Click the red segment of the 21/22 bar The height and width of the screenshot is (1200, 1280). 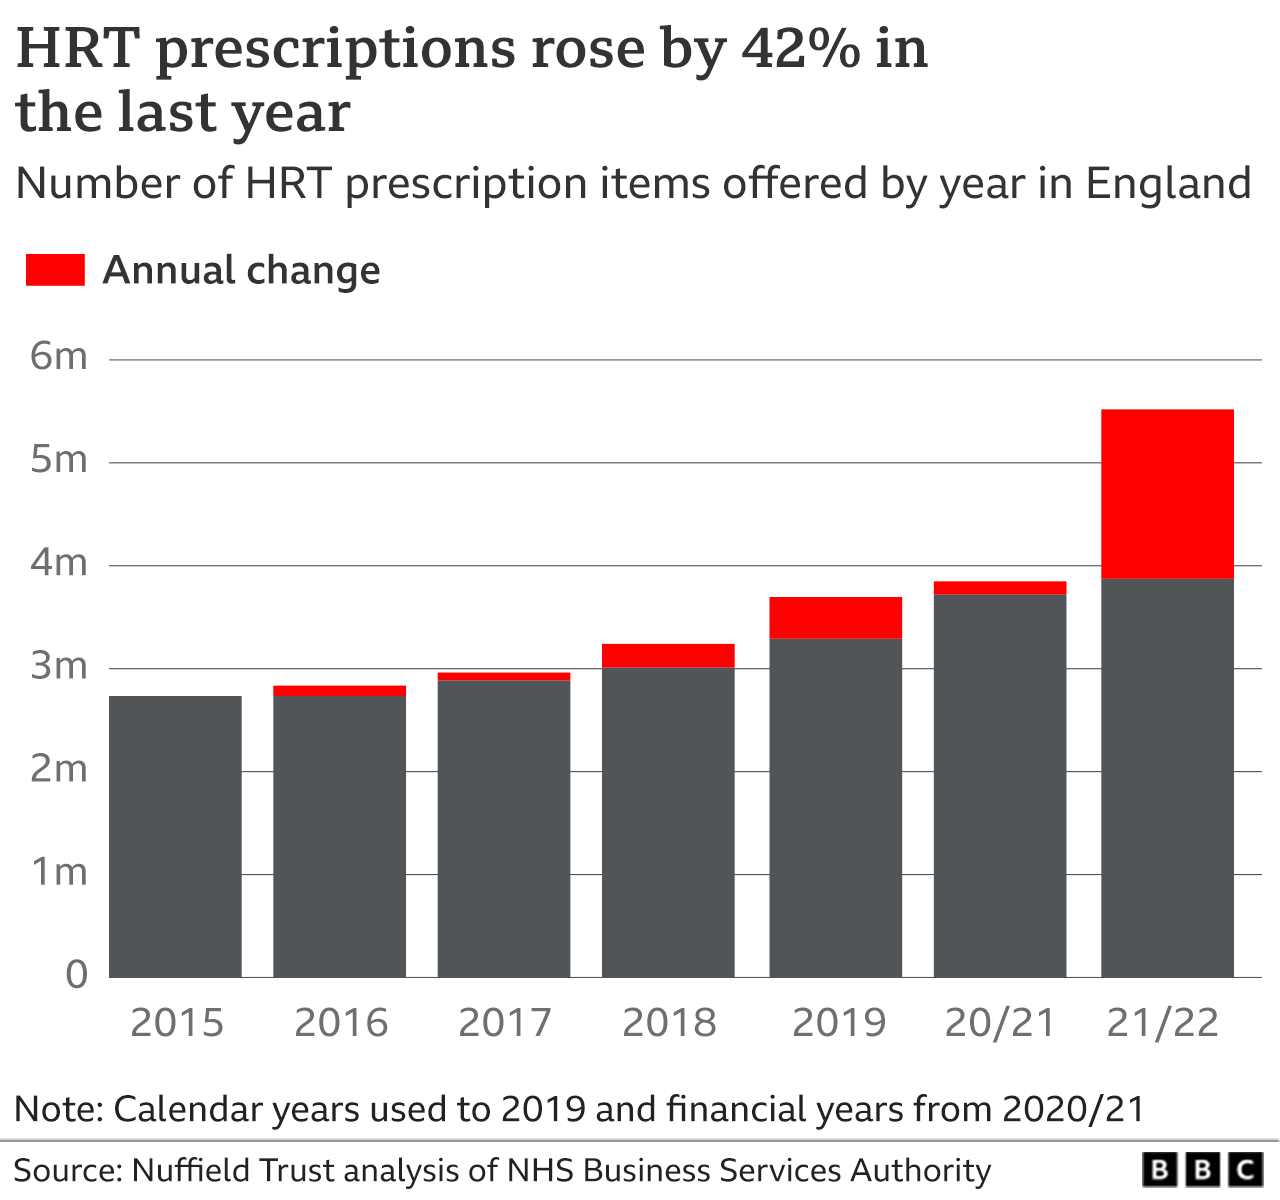pos(1167,494)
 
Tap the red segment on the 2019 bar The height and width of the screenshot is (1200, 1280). pos(835,617)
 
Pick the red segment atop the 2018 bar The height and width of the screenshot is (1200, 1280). pos(668,655)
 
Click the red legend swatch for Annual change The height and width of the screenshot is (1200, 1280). pos(55,270)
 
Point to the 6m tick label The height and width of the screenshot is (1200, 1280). pos(59,356)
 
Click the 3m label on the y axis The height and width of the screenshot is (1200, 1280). pos(59,666)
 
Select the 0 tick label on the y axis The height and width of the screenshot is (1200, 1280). pos(76,975)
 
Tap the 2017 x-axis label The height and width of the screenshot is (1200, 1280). pos(504,1023)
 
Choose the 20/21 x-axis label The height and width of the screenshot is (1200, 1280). pos(1000,1023)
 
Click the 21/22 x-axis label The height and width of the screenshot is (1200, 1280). pos(1164,1023)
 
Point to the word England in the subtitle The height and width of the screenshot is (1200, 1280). pos(1168,184)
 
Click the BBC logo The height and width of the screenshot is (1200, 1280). pos(1203,1170)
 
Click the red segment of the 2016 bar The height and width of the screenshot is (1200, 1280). pos(339,690)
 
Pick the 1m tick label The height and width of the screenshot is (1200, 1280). pos(59,872)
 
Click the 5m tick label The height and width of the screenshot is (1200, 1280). pos(59,460)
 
